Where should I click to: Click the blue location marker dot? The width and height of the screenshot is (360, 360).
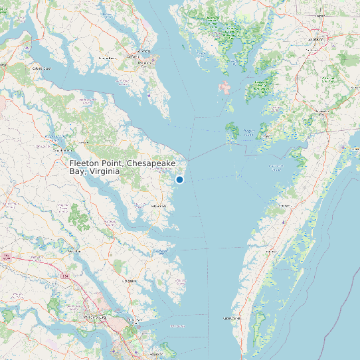(x=179, y=179)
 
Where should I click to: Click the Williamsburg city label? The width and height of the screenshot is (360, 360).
(x=96, y=317)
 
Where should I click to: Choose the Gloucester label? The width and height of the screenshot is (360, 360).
(x=129, y=281)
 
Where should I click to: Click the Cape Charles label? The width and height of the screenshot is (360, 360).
(x=231, y=318)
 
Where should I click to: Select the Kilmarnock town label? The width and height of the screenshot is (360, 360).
(x=157, y=207)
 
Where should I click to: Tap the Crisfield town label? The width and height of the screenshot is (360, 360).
(x=247, y=131)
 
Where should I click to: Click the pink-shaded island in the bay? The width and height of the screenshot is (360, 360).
(x=225, y=88)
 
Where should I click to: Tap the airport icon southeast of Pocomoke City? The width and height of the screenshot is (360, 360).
(x=342, y=147)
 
